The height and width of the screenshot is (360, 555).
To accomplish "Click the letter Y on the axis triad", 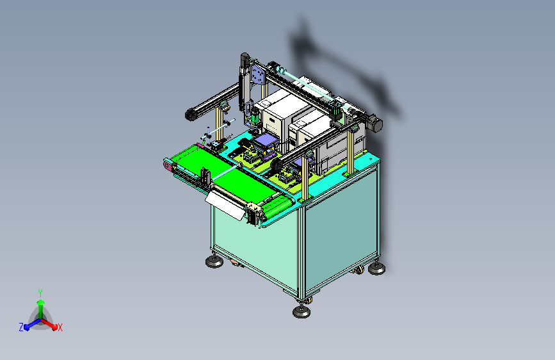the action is click(x=40, y=293).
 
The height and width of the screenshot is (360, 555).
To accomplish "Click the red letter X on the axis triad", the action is click(x=60, y=328).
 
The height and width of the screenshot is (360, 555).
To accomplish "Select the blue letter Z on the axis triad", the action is click(x=21, y=327).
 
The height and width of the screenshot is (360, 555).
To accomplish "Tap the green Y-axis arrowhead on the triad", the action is click(x=41, y=302).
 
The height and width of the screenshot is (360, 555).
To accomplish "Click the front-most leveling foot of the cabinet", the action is click(x=302, y=311).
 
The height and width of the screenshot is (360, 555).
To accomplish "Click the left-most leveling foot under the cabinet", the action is click(x=214, y=261).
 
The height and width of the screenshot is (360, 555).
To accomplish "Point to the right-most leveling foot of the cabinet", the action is click(x=376, y=268).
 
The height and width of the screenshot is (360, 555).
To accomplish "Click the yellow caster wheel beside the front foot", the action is click(x=309, y=300).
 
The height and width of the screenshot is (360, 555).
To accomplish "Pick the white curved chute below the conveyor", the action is click(x=225, y=206).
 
